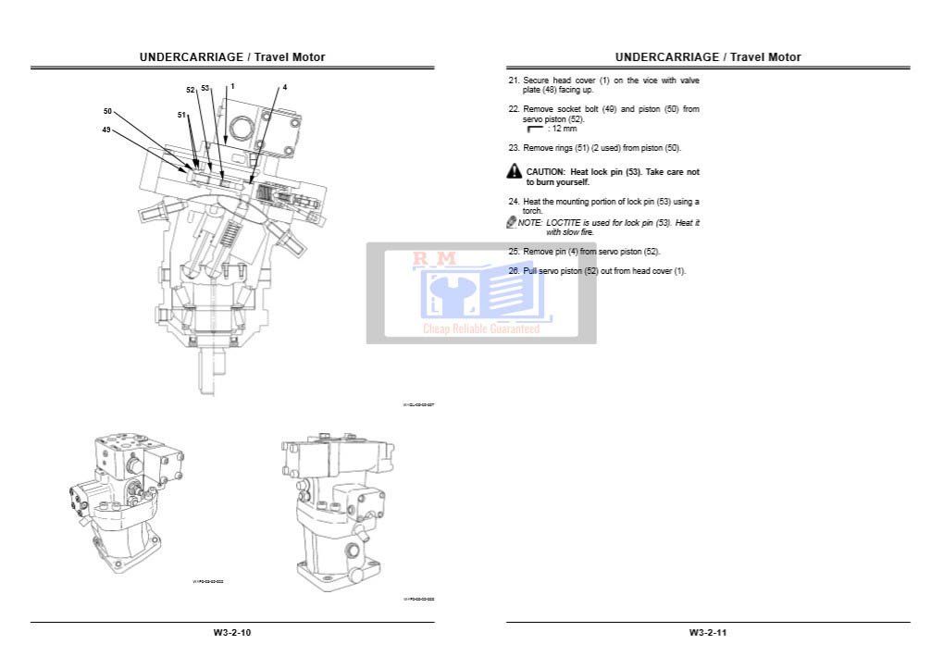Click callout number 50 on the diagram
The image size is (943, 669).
pos(107,111)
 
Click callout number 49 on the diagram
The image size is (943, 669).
pos(107,130)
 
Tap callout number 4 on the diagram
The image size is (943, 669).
pos(285,87)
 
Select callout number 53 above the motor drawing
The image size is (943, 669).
pos(205,89)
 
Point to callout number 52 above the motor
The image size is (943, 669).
pos(191,90)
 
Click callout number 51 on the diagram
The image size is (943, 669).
pos(182,115)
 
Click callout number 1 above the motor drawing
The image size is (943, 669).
pos(232,86)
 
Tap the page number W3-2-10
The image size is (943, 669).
pos(232,633)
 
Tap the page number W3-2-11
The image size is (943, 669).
pos(708,633)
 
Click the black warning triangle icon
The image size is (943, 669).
pos(515,171)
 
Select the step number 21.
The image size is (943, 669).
pos(515,81)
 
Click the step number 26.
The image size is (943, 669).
pos(515,271)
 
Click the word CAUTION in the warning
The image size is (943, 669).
pos(545,172)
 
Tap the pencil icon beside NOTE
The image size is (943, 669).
pos(511,222)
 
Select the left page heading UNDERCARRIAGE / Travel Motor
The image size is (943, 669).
pos(232,57)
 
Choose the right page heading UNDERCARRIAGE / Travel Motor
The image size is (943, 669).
pos(708,57)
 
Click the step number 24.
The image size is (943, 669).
pos(515,202)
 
